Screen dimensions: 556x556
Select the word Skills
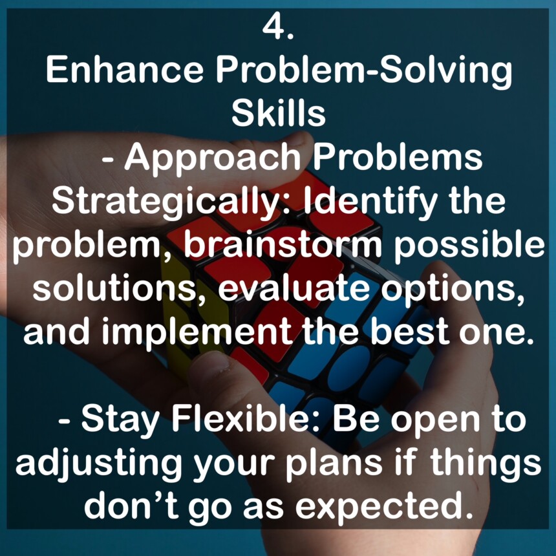278,112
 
